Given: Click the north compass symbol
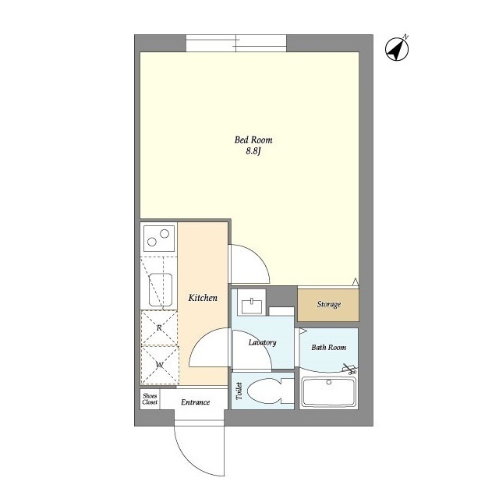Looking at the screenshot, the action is pyautogui.click(x=397, y=48).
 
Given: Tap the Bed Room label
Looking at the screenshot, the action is pyautogui.click(x=253, y=140).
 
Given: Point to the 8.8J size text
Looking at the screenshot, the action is pyautogui.click(x=253, y=150).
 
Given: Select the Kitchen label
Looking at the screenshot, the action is pyautogui.click(x=203, y=298).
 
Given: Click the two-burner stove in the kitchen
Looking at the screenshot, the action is pyautogui.click(x=159, y=238).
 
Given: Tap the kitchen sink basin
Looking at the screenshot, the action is pyautogui.click(x=161, y=289).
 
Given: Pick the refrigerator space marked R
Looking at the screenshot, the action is pyautogui.click(x=159, y=327).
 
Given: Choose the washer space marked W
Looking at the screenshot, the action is pyautogui.click(x=160, y=365).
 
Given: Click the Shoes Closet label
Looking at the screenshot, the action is pyautogui.click(x=150, y=399).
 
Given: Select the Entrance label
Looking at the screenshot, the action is pyautogui.click(x=196, y=402).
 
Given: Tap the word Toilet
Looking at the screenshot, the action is pyautogui.click(x=239, y=391).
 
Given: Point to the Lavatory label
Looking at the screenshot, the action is pyautogui.click(x=263, y=342).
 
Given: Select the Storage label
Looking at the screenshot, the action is pyautogui.click(x=329, y=304).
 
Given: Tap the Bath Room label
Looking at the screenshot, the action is pyautogui.click(x=329, y=347).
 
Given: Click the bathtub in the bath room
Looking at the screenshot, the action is pyautogui.click(x=329, y=391).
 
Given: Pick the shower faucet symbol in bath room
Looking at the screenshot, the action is pyautogui.click(x=349, y=368).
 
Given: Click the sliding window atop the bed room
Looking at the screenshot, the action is pyautogui.click(x=236, y=44).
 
